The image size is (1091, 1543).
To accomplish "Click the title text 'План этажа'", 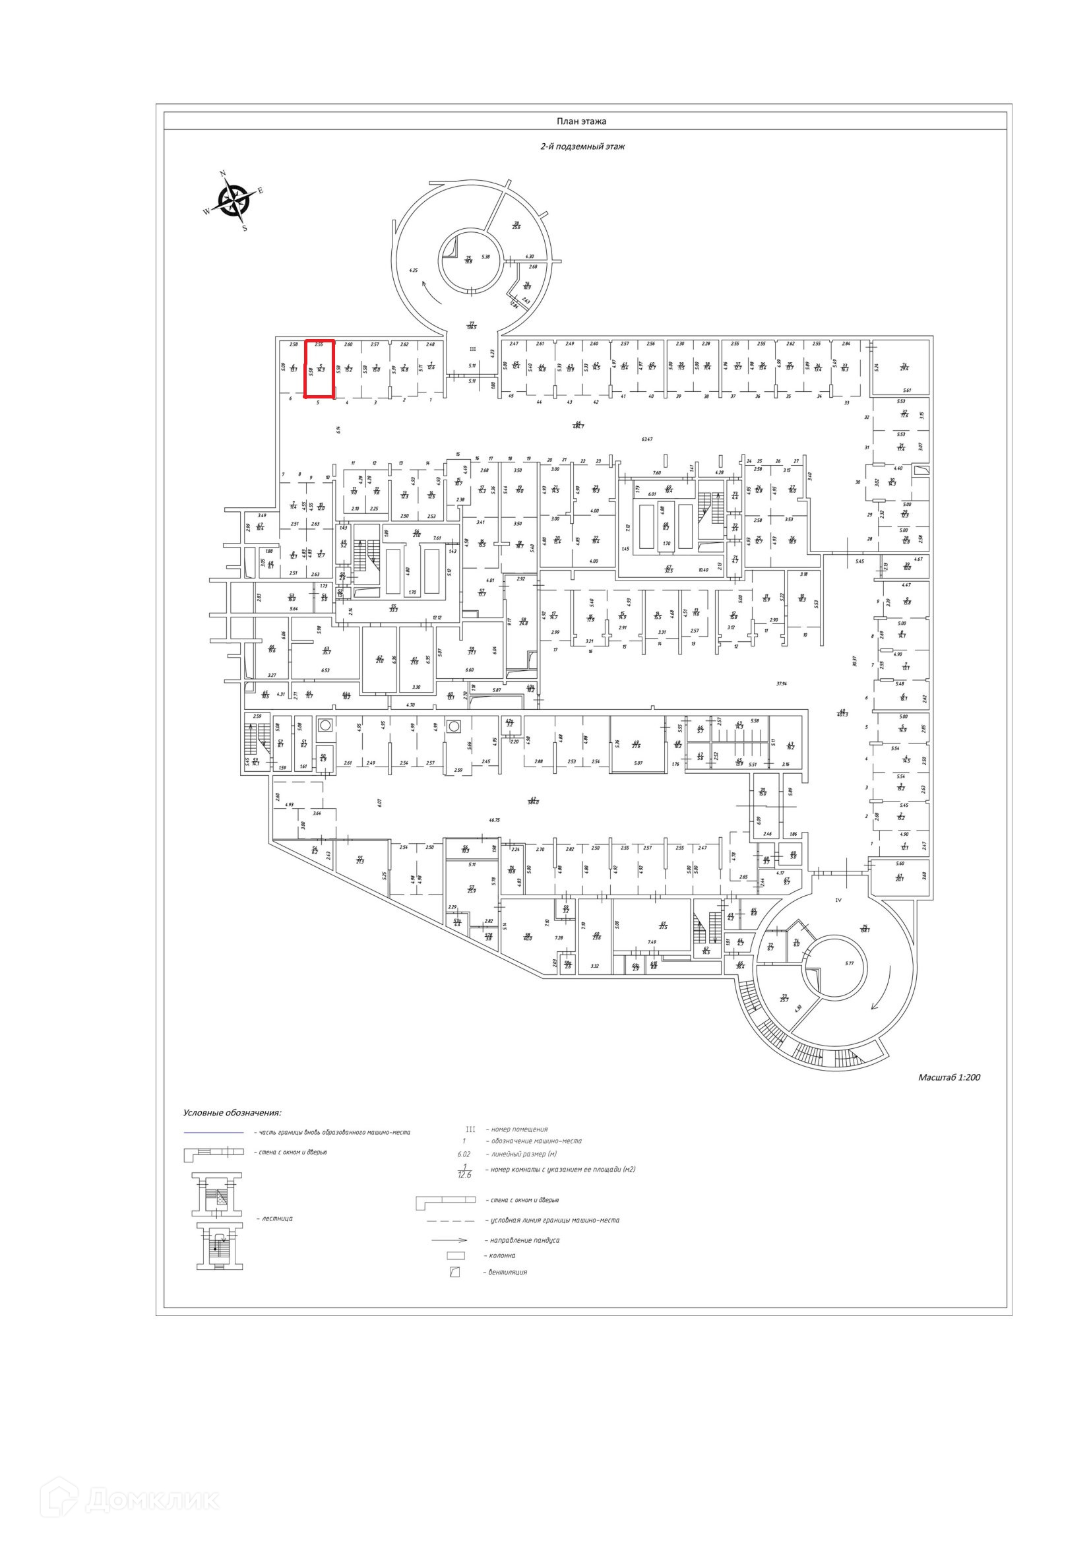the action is pos(581,121).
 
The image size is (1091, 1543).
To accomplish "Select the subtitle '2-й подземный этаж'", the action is pos(582,146).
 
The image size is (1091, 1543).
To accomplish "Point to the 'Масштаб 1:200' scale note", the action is pos(949,1077).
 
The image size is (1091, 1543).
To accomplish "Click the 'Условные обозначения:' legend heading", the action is pos(232,1113).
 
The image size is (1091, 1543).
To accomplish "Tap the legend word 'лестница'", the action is pos(274,1218).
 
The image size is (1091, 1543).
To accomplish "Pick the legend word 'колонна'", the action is pos(499,1255).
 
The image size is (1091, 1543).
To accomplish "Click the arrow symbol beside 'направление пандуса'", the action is pos(449,1240).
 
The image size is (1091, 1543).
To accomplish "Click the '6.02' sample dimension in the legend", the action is pos(464,1154).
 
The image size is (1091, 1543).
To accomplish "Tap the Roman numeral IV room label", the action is pos(838,899).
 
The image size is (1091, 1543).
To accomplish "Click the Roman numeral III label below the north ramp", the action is pos(472,349).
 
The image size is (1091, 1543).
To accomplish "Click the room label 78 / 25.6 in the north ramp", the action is pos(516,226).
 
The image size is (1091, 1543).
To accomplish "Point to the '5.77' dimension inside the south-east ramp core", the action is pos(850,963).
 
